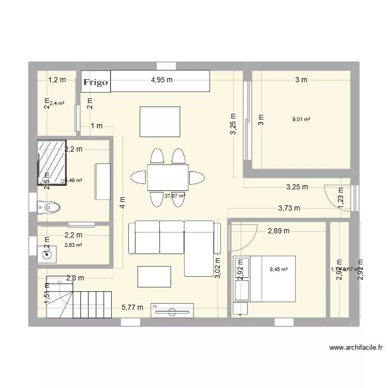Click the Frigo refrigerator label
[x=97, y=82]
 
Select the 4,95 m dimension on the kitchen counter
[x=161, y=80]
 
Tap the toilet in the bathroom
[x=49, y=208]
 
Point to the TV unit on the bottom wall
[x=172, y=310]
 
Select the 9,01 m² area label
[x=301, y=120]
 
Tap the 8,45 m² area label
[x=279, y=268]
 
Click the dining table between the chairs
[x=168, y=177]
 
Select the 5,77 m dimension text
[x=132, y=308]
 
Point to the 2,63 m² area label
[x=73, y=245]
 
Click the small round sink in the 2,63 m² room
[x=48, y=253]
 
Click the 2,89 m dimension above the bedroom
[x=278, y=231]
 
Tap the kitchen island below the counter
[x=160, y=122]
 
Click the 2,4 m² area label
[x=57, y=103]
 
